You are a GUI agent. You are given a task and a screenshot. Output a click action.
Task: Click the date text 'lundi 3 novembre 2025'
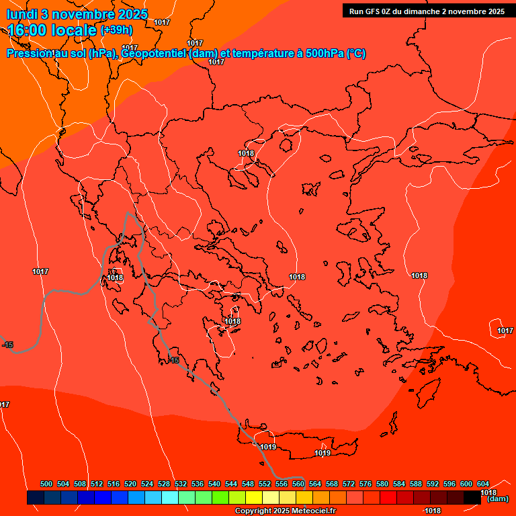pyautogui.click(x=77, y=14)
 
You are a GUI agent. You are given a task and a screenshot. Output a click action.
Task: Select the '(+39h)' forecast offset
pyautogui.click(x=116, y=30)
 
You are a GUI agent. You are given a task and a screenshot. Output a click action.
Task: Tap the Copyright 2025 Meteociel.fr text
pyautogui.click(x=285, y=511)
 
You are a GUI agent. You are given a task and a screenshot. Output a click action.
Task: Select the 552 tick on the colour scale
pyautogui.click(x=265, y=484)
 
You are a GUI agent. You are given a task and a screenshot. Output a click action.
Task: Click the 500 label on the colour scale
pyautogui.click(x=46, y=484)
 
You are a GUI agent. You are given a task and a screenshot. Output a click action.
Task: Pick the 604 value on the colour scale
pyautogui.click(x=482, y=484)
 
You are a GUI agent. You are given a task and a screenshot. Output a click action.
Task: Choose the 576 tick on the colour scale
pyautogui.click(x=365, y=484)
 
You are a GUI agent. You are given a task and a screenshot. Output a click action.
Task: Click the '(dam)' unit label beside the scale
pyautogui.click(x=498, y=499)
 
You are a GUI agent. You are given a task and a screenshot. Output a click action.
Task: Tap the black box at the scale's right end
pyautogui.click(x=472, y=497)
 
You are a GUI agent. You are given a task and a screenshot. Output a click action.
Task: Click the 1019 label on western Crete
pyautogui.click(x=268, y=447)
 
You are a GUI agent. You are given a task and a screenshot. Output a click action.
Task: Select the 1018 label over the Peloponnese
pyautogui.click(x=232, y=321)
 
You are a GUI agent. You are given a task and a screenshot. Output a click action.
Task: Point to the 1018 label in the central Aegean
pyautogui.click(x=297, y=277)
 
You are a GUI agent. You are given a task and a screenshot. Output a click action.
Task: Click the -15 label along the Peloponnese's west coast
pyautogui.click(x=174, y=361)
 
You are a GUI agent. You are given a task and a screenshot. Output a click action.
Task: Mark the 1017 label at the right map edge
pyautogui.click(x=505, y=331)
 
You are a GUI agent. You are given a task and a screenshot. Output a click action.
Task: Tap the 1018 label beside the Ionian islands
pyautogui.click(x=115, y=277)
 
